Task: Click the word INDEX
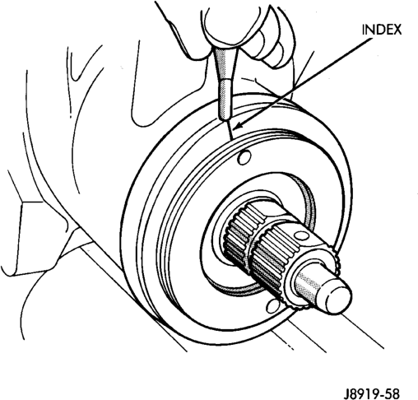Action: tap(382, 30)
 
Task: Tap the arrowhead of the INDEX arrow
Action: tap(238, 126)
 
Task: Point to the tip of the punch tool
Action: tap(225, 119)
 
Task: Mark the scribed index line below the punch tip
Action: tap(230, 130)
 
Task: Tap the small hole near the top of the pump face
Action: tap(244, 157)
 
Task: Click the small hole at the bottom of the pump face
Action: tap(272, 306)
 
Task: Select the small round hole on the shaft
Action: tap(301, 235)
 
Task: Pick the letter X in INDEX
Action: tap(397, 30)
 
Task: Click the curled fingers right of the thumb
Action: tap(273, 41)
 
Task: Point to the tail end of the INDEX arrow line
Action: tap(372, 40)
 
